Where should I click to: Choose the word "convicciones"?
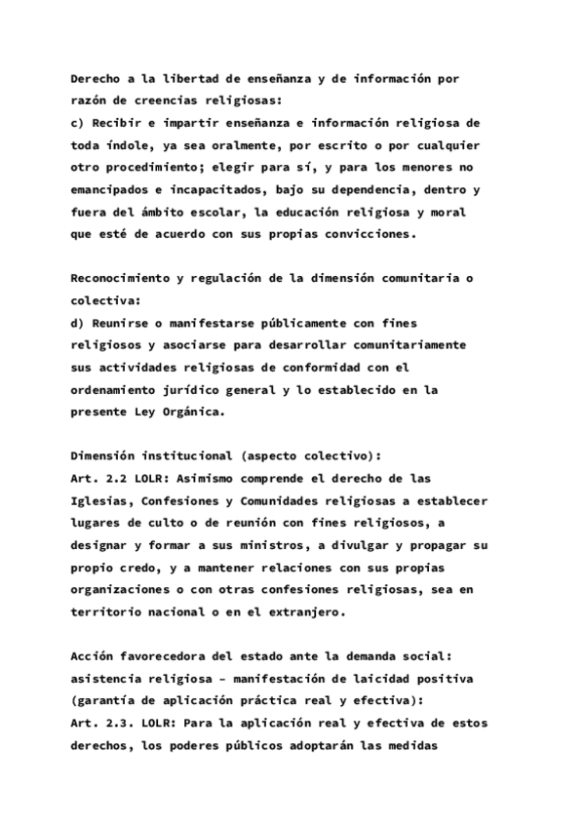pos(369,234)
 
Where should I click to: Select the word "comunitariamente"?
pos(402,345)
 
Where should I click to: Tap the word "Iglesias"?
pos(101,500)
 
